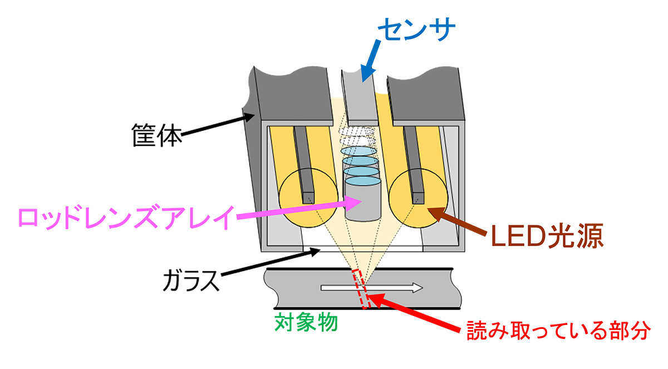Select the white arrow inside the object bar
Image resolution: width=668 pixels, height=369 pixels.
(x=371, y=288)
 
